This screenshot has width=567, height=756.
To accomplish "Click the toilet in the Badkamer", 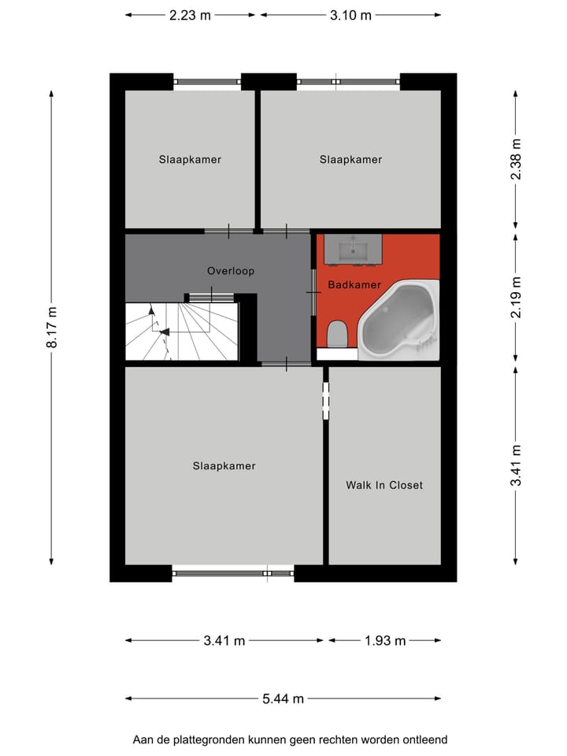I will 336,334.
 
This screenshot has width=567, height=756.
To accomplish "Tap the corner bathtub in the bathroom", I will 398,321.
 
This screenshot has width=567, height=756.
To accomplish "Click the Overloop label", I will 231,271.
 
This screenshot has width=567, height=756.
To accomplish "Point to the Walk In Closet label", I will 384,485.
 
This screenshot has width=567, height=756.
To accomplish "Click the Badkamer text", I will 354,284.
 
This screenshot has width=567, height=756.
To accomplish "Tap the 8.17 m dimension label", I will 52,328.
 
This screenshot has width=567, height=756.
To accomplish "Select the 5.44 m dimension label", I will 283,699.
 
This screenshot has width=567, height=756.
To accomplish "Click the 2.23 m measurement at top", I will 190,15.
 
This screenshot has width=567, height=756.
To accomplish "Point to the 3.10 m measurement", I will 350,15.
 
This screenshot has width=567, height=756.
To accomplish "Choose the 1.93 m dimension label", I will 385,640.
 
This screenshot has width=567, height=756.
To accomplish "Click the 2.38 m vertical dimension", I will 516,160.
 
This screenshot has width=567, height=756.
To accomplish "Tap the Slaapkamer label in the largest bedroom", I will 224,465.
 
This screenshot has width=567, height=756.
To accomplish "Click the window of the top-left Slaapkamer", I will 207,80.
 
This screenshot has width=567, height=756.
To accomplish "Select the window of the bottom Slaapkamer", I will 232,573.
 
